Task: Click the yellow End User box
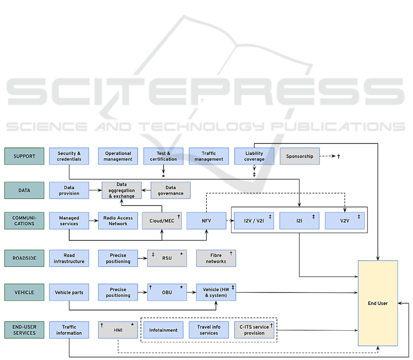tap(377, 303)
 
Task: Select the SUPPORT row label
tap(24, 156)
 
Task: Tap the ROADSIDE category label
tap(24, 258)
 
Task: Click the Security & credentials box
tap(69, 156)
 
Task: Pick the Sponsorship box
tap(299, 156)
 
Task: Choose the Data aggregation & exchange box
tap(121, 190)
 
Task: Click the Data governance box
tap(171, 190)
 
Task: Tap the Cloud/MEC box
tap(162, 221)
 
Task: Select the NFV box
tap(206, 221)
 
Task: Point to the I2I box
tap(299, 221)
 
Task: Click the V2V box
tap(345, 221)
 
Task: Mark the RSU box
tap(167, 258)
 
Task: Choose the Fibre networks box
tap(216, 258)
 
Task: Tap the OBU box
tap(167, 292)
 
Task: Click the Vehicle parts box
tap(69, 292)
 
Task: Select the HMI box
tap(118, 330)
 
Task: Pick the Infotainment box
tap(163, 330)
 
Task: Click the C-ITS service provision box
tap(254, 330)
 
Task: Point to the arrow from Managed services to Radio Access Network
tap(94, 221)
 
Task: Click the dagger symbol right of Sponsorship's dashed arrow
tap(338, 156)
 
